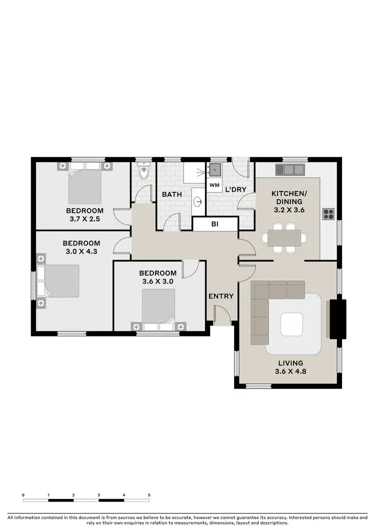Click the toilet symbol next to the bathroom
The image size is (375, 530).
(x=144, y=173)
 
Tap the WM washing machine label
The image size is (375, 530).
(x=214, y=185)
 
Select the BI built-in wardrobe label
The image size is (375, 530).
(x=215, y=225)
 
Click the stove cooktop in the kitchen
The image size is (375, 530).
(x=328, y=213)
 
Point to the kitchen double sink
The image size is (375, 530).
(x=292, y=169)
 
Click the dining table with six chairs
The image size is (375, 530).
(x=284, y=237)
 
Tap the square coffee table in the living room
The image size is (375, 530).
(x=291, y=324)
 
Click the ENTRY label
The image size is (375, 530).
(x=221, y=296)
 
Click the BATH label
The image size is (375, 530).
(x=171, y=194)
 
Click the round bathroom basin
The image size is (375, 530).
(x=198, y=202)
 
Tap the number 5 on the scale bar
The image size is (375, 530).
(x=149, y=494)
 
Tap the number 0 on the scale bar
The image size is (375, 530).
(x=23, y=494)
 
